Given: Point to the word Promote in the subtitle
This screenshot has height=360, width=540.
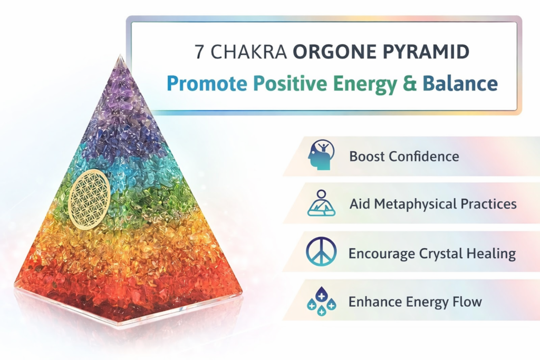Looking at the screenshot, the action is (207, 84).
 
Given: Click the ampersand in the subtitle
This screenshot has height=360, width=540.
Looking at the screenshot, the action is (409, 84).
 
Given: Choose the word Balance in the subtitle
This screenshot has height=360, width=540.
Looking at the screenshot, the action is (460, 84).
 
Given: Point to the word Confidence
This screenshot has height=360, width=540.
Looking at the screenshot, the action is (424, 156).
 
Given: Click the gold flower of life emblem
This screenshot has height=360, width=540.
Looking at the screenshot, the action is (90, 198).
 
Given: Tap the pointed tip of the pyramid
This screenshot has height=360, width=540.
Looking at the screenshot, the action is (120, 55).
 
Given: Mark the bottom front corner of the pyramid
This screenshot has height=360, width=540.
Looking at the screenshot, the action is (118, 323).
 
